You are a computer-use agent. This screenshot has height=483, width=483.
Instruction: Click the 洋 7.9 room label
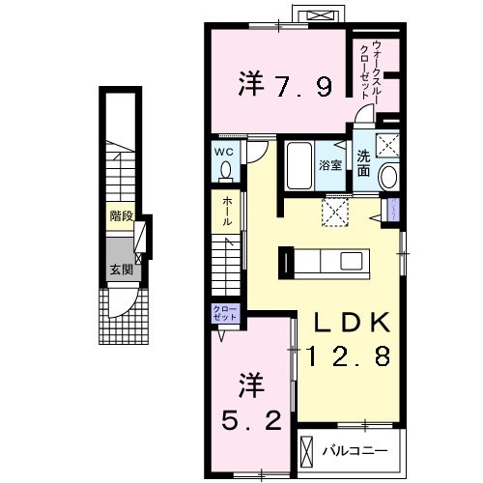tap(285, 86)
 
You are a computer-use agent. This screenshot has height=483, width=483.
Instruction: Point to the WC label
tap(225, 152)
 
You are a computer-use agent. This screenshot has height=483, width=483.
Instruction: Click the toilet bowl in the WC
tap(226, 171)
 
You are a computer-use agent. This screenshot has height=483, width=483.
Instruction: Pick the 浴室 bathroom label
tap(330, 164)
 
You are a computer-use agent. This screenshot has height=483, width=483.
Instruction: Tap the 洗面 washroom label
tap(363, 163)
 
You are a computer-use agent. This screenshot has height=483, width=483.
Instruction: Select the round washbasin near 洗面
tap(390, 178)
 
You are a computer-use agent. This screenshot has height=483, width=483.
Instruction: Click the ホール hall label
tap(227, 211)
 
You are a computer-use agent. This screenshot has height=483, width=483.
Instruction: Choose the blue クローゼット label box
tap(223, 313)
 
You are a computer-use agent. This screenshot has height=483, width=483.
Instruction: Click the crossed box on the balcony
tap(308, 451)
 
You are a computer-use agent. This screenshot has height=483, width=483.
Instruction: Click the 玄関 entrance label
tap(121, 270)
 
